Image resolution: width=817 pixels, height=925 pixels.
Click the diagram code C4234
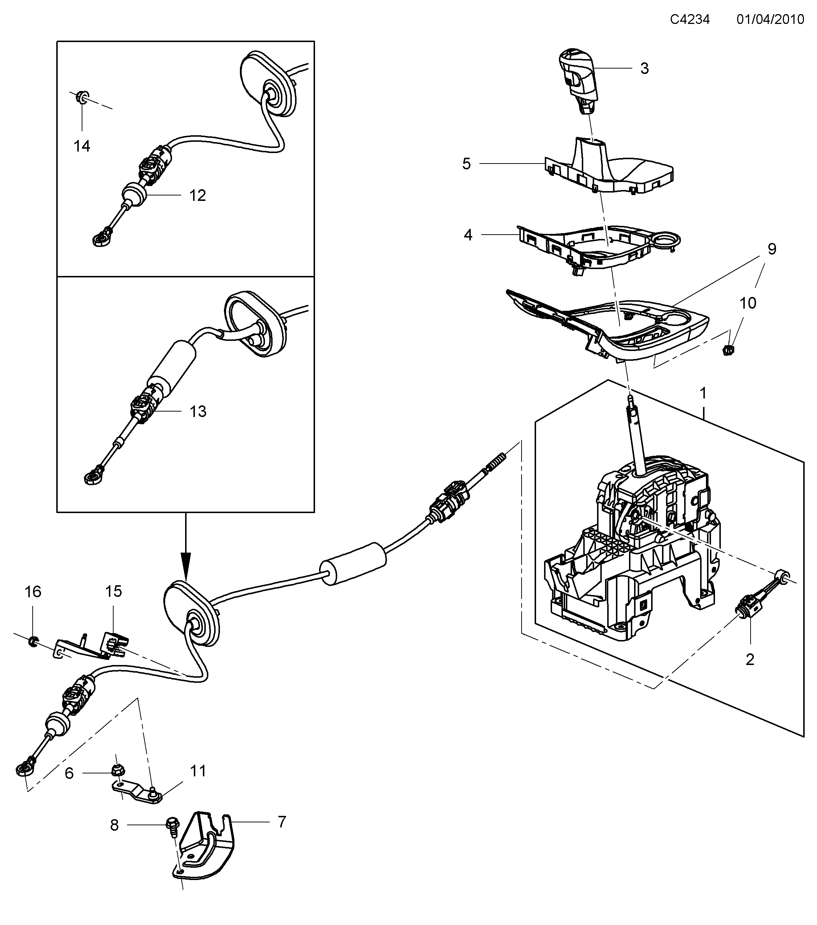click(689, 20)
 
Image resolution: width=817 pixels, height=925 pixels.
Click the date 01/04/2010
click(770, 20)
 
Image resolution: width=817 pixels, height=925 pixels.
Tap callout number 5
click(466, 164)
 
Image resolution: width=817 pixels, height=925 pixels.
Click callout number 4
click(468, 235)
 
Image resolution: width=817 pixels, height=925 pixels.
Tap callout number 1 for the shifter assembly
click(703, 393)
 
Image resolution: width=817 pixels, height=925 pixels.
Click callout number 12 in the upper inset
click(197, 195)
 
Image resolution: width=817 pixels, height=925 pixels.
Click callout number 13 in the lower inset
click(198, 411)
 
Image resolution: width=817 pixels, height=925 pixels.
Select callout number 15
click(114, 591)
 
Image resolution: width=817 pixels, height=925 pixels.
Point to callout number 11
click(198, 771)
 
